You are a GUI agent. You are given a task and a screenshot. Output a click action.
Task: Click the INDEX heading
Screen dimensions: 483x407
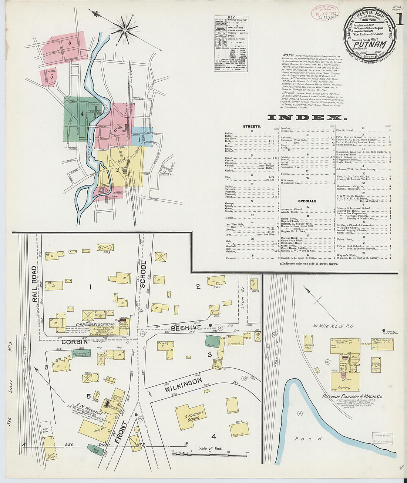307,118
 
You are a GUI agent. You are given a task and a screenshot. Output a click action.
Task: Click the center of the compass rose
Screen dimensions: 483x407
125,28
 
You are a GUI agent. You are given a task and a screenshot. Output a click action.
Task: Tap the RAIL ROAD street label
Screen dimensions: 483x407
35,284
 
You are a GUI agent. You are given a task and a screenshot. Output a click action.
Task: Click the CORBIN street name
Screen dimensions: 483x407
74,342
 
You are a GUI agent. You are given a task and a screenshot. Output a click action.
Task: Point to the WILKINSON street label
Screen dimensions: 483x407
183,385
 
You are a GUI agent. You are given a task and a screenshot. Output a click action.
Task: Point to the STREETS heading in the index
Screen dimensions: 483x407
252,127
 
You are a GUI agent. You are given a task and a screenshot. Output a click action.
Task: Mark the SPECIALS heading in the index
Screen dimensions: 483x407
307,201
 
